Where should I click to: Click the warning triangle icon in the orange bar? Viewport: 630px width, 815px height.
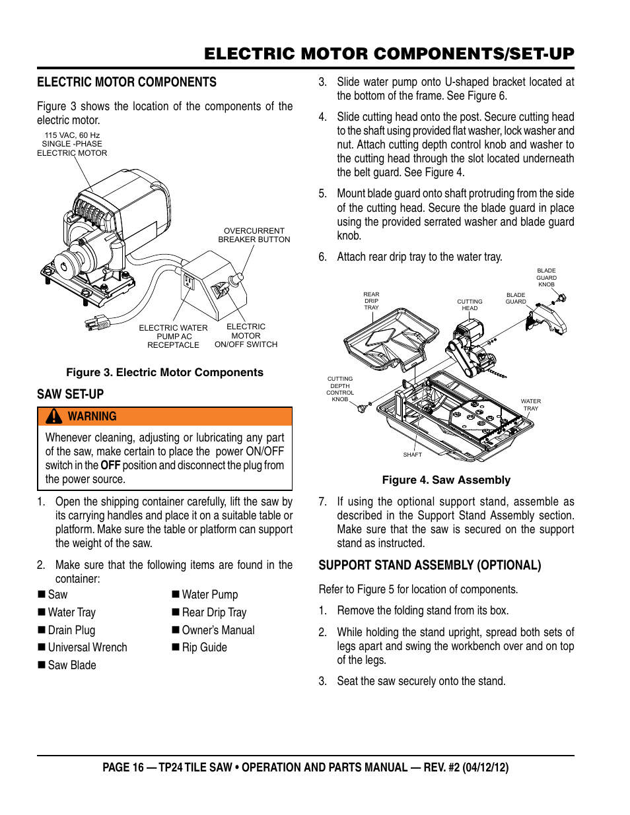(54, 416)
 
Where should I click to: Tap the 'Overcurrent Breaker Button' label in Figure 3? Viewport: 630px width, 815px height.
(254, 236)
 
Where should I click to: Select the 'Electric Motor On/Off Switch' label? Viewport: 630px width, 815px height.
(246, 335)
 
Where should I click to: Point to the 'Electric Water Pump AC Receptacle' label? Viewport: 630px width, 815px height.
(173, 336)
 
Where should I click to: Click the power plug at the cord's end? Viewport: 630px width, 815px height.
(97, 323)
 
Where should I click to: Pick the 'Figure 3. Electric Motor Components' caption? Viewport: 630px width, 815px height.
(164, 372)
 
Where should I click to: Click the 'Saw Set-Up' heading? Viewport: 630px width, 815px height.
(71, 394)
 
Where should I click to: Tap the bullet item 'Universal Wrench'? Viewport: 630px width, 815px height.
(87, 647)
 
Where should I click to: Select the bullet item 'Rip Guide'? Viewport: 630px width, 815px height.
(204, 647)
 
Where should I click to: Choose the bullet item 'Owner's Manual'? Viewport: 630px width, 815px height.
(218, 630)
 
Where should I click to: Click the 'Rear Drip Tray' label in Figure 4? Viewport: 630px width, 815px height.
(371, 301)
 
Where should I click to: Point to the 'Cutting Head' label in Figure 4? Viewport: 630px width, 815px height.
(470, 305)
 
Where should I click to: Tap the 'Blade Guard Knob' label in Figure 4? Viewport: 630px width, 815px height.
(546, 277)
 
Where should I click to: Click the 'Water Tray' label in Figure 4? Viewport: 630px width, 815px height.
(530, 405)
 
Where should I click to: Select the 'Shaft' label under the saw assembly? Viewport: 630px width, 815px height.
(412, 455)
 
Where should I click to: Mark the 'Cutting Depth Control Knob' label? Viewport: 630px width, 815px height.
(340, 389)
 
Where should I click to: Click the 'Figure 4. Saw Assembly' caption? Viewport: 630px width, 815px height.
(446, 480)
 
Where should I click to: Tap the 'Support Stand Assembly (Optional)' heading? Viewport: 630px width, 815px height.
(429, 565)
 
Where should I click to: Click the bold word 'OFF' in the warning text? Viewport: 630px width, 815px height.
(110, 465)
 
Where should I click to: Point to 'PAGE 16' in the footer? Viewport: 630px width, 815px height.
(123, 767)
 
